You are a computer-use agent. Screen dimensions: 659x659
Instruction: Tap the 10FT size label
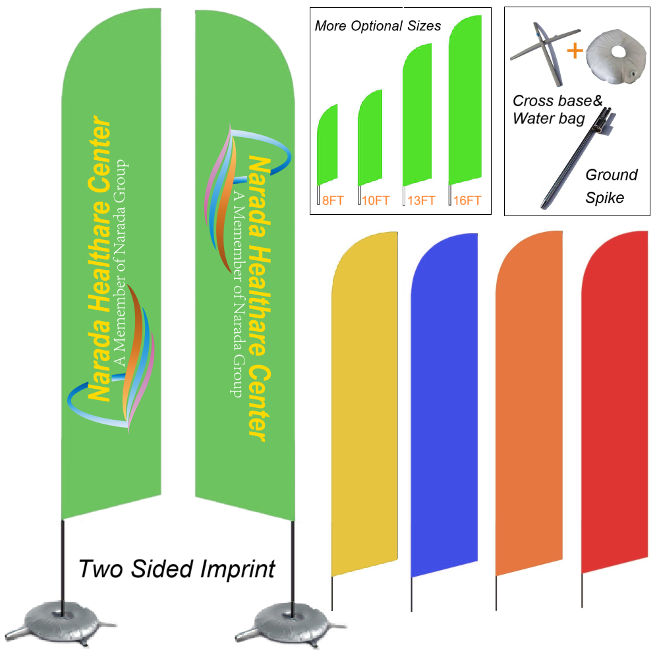click(375, 200)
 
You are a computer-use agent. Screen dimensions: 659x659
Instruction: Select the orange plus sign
click(575, 50)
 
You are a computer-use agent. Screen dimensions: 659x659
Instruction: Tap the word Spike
click(604, 197)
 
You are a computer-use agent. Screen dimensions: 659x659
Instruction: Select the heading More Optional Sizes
click(378, 26)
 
